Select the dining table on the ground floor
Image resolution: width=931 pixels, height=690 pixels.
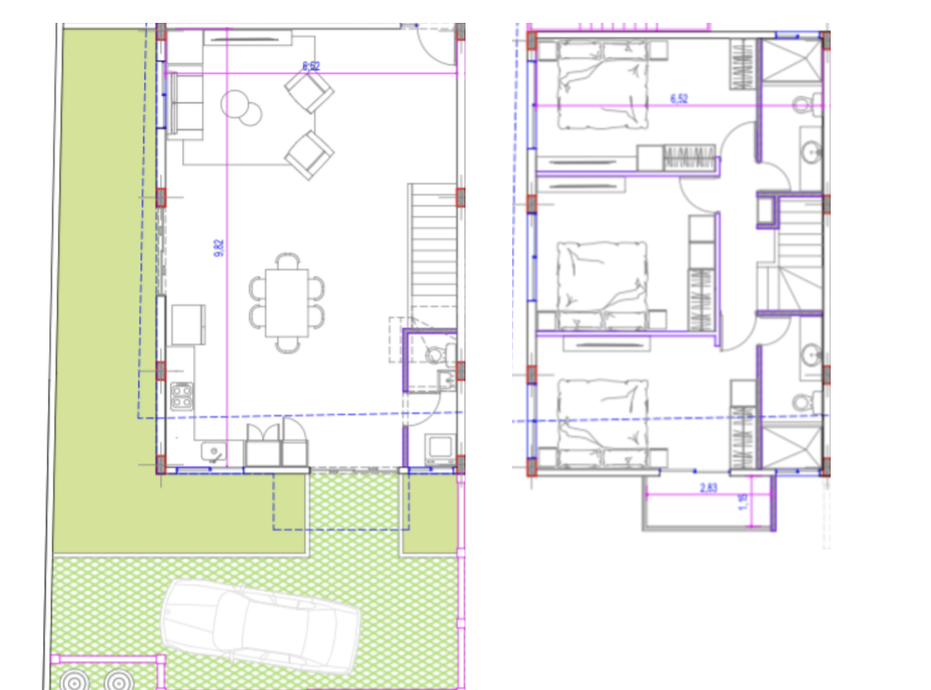pyautogui.click(x=287, y=301)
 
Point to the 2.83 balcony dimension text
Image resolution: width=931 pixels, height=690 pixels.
pyautogui.click(x=707, y=486)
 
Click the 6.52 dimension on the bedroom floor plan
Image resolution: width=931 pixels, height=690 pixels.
pyautogui.click(x=678, y=98)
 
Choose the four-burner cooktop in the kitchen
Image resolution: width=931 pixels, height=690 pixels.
pyautogui.click(x=181, y=396)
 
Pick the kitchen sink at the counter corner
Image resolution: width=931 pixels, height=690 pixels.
pyautogui.click(x=211, y=452)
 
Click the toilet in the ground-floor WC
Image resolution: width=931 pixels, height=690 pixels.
pyautogui.click(x=434, y=354)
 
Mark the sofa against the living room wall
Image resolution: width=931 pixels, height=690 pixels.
pyautogui.click(x=185, y=104)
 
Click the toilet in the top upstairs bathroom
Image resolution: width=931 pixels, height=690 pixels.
pyautogui.click(x=804, y=105)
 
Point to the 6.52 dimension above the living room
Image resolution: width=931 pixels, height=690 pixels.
pyautogui.click(x=310, y=65)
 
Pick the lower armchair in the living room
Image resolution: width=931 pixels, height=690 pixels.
pyautogui.click(x=309, y=155)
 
